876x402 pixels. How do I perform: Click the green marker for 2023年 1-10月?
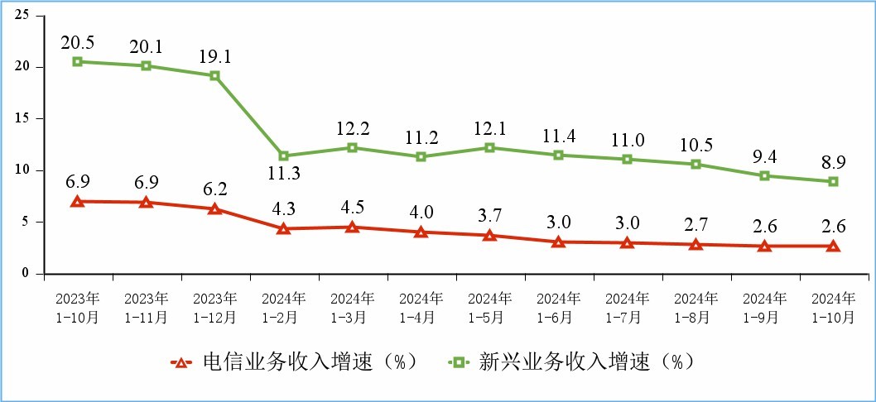click(77, 61)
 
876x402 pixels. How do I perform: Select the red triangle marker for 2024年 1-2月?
click(283, 228)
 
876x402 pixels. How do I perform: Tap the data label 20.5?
click(77, 41)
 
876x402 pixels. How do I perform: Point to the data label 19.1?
click(214, 55)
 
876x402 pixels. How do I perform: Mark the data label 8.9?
click(833, 161)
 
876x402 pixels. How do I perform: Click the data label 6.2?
click(214, 189)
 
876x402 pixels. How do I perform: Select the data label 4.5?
click(352, 207)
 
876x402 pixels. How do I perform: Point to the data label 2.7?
click(696, 224)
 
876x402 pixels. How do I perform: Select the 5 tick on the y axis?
click(26, 222)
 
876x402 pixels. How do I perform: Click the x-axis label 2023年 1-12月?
click(214, 307)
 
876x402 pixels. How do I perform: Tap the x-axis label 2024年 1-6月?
click(558, 307)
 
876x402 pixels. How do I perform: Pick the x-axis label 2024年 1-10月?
click(833, 307)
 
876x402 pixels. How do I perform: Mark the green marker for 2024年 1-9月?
click(764, 175)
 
